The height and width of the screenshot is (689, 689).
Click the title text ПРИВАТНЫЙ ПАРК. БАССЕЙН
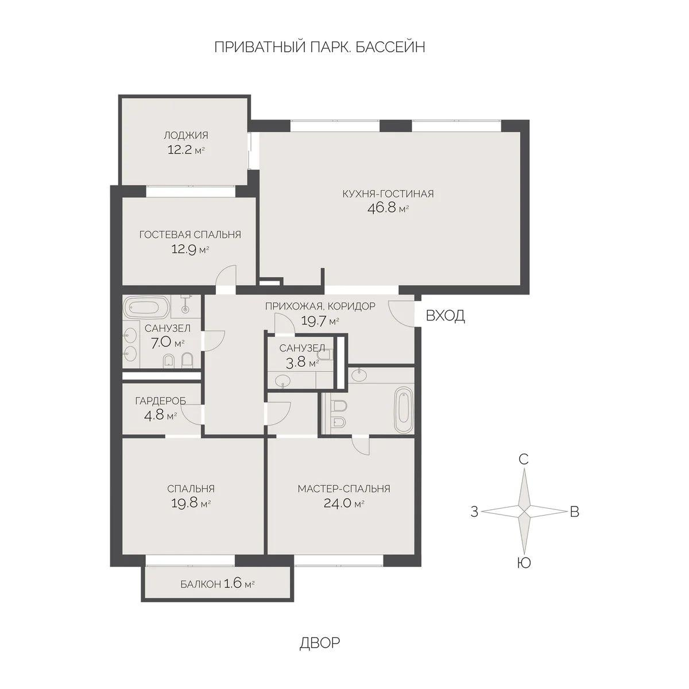319,47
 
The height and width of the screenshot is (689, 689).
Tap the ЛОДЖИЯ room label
185,136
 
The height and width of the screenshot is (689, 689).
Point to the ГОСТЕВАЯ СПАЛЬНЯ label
190,234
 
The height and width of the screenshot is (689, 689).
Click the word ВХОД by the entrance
445,316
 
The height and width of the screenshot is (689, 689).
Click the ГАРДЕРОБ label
160,401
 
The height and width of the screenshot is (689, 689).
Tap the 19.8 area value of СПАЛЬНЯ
184,504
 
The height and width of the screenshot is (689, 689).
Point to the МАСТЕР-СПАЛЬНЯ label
343,489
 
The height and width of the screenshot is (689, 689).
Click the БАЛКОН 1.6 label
217,585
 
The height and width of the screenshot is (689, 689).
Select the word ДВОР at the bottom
319,642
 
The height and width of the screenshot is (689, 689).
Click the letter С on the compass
523,459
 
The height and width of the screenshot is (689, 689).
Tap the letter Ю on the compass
523,563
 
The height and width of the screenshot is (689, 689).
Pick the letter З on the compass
474,512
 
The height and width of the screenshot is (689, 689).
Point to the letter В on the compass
574,512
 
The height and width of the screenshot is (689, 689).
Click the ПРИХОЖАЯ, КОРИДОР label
320,306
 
